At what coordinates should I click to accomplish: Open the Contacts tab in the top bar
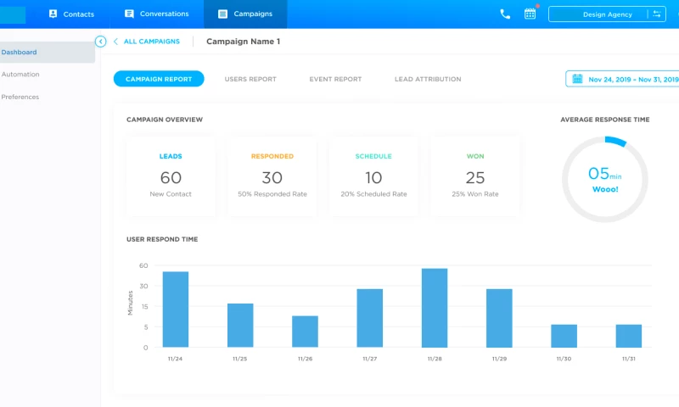[x=71, y=14]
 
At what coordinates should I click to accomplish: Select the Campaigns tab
[x=245, y=14]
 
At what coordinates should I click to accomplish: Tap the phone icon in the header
[x=505, y=14]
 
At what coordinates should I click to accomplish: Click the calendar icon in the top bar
[x=530, y=14]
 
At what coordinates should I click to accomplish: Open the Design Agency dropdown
[x=608, y=14]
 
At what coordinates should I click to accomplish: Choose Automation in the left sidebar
[x=20, y=75]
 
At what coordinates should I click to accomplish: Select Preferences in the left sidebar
[x=20, y=97]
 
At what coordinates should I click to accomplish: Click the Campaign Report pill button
[x=159, y=79]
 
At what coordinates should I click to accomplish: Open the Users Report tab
[x=250, y=79]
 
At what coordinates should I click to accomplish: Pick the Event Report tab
[x=335, y=79]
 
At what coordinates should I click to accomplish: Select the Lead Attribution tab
[x=428, y=79]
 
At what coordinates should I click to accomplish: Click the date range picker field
[x=625, y=79]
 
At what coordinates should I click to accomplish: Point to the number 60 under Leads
[x=171, y=177]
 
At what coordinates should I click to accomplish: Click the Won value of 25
[x=475, y=177]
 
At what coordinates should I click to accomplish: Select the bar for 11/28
[x=435, y=308]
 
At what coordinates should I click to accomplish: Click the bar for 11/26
[x=305, y=332]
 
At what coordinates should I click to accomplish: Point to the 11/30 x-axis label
[x=564, y=359]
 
